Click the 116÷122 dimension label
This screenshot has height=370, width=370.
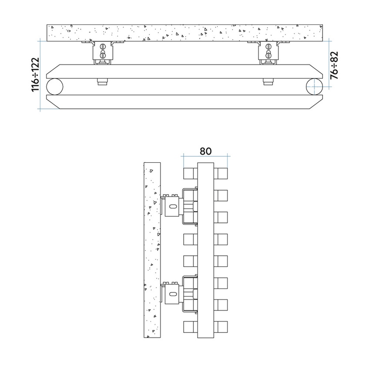point(35,74)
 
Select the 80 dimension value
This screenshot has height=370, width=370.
point(205,151)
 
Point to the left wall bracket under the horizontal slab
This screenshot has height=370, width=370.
point(103,53)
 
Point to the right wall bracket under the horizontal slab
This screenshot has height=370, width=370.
point(269,53)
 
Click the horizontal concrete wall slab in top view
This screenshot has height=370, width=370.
point(185,33)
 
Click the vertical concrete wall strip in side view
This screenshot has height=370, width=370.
point(152,250)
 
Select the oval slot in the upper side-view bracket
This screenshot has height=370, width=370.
point(173,207)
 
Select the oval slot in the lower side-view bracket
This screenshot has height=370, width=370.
point(173,294)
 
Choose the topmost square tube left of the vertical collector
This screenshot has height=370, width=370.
point(191,173)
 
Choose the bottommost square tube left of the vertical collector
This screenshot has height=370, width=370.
point(191,326)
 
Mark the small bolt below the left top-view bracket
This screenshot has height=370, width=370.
point(102,81)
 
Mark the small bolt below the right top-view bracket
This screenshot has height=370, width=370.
point(267,81)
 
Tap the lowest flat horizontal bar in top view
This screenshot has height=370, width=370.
point(185,101)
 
